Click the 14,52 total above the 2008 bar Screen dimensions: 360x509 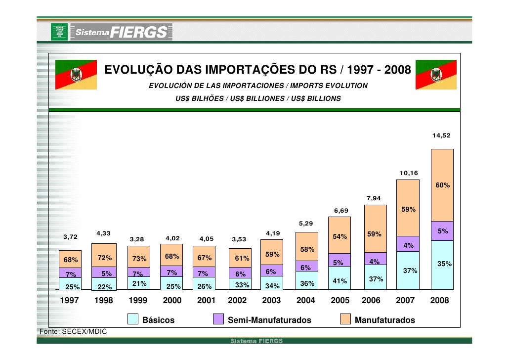(441, 135)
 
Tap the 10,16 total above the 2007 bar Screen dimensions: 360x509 (409, 173)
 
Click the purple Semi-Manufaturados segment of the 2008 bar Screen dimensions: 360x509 (442, 231)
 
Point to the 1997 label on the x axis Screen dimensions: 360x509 (69, 300)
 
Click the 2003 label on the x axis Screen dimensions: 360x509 (271, 300)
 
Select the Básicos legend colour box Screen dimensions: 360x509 (133, 319)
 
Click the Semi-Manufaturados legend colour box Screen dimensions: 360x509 (218, 319)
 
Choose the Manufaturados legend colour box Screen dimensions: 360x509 (345, 319)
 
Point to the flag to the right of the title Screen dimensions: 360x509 (436, 75)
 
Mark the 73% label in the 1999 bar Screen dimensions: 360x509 (138, 259)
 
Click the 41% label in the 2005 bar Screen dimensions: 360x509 (339, 281)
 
